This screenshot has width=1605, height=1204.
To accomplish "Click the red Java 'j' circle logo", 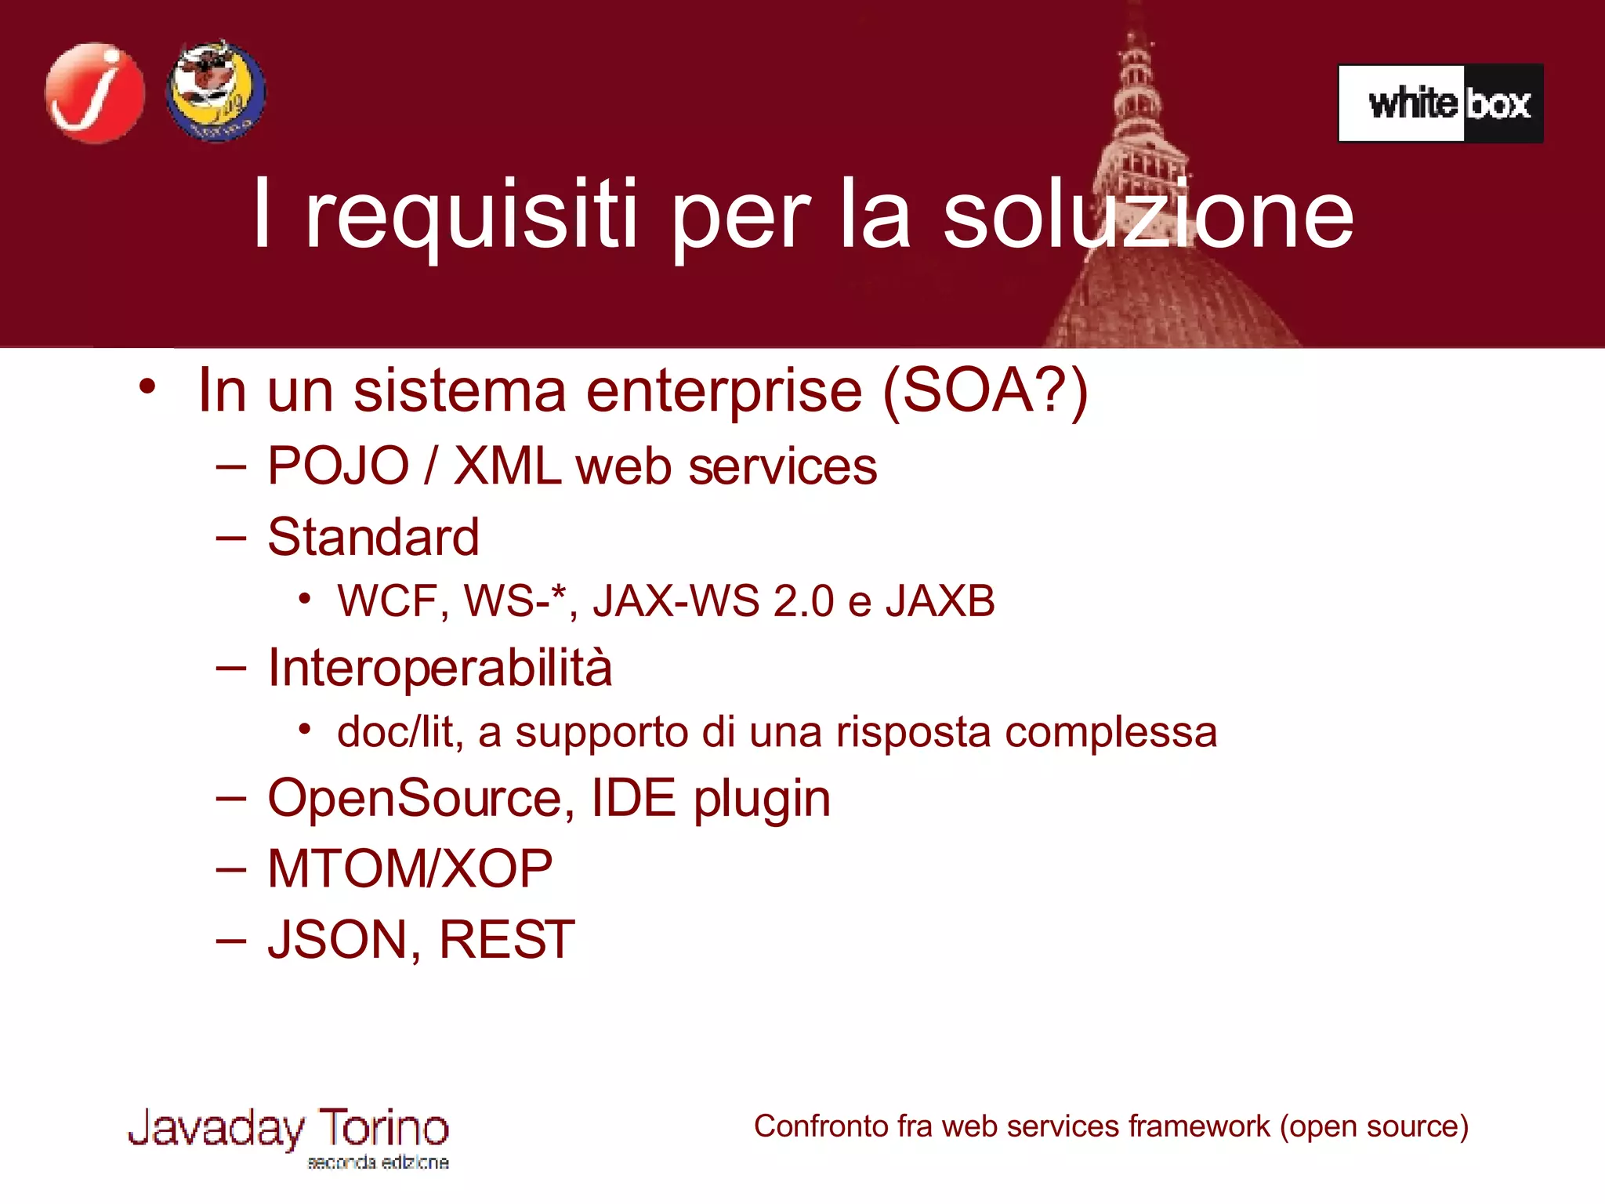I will point(95,93).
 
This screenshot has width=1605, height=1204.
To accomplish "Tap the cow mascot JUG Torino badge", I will point(216,92).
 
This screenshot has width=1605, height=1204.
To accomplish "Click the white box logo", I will point(1440,103).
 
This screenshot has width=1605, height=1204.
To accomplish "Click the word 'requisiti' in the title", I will point(471,216).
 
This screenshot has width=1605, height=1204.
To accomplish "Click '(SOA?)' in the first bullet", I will point(985,390).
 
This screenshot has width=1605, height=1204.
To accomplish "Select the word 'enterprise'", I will point(724,391).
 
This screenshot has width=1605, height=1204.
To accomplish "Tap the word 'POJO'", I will point(339,466).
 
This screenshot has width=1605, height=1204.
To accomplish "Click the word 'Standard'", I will point(373,538).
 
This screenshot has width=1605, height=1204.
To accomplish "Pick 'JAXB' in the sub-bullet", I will point(940,602).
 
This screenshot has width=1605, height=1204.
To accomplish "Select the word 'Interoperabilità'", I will point(440,669).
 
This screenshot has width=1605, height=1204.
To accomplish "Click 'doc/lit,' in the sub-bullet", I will point(400,733).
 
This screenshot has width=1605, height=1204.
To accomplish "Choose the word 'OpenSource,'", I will point(416,799).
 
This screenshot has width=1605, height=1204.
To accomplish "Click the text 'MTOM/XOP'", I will point(410,869).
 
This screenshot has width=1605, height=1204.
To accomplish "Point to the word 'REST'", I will point(506,940).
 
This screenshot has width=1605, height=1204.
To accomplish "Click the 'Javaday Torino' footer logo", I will point(288,1136).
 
